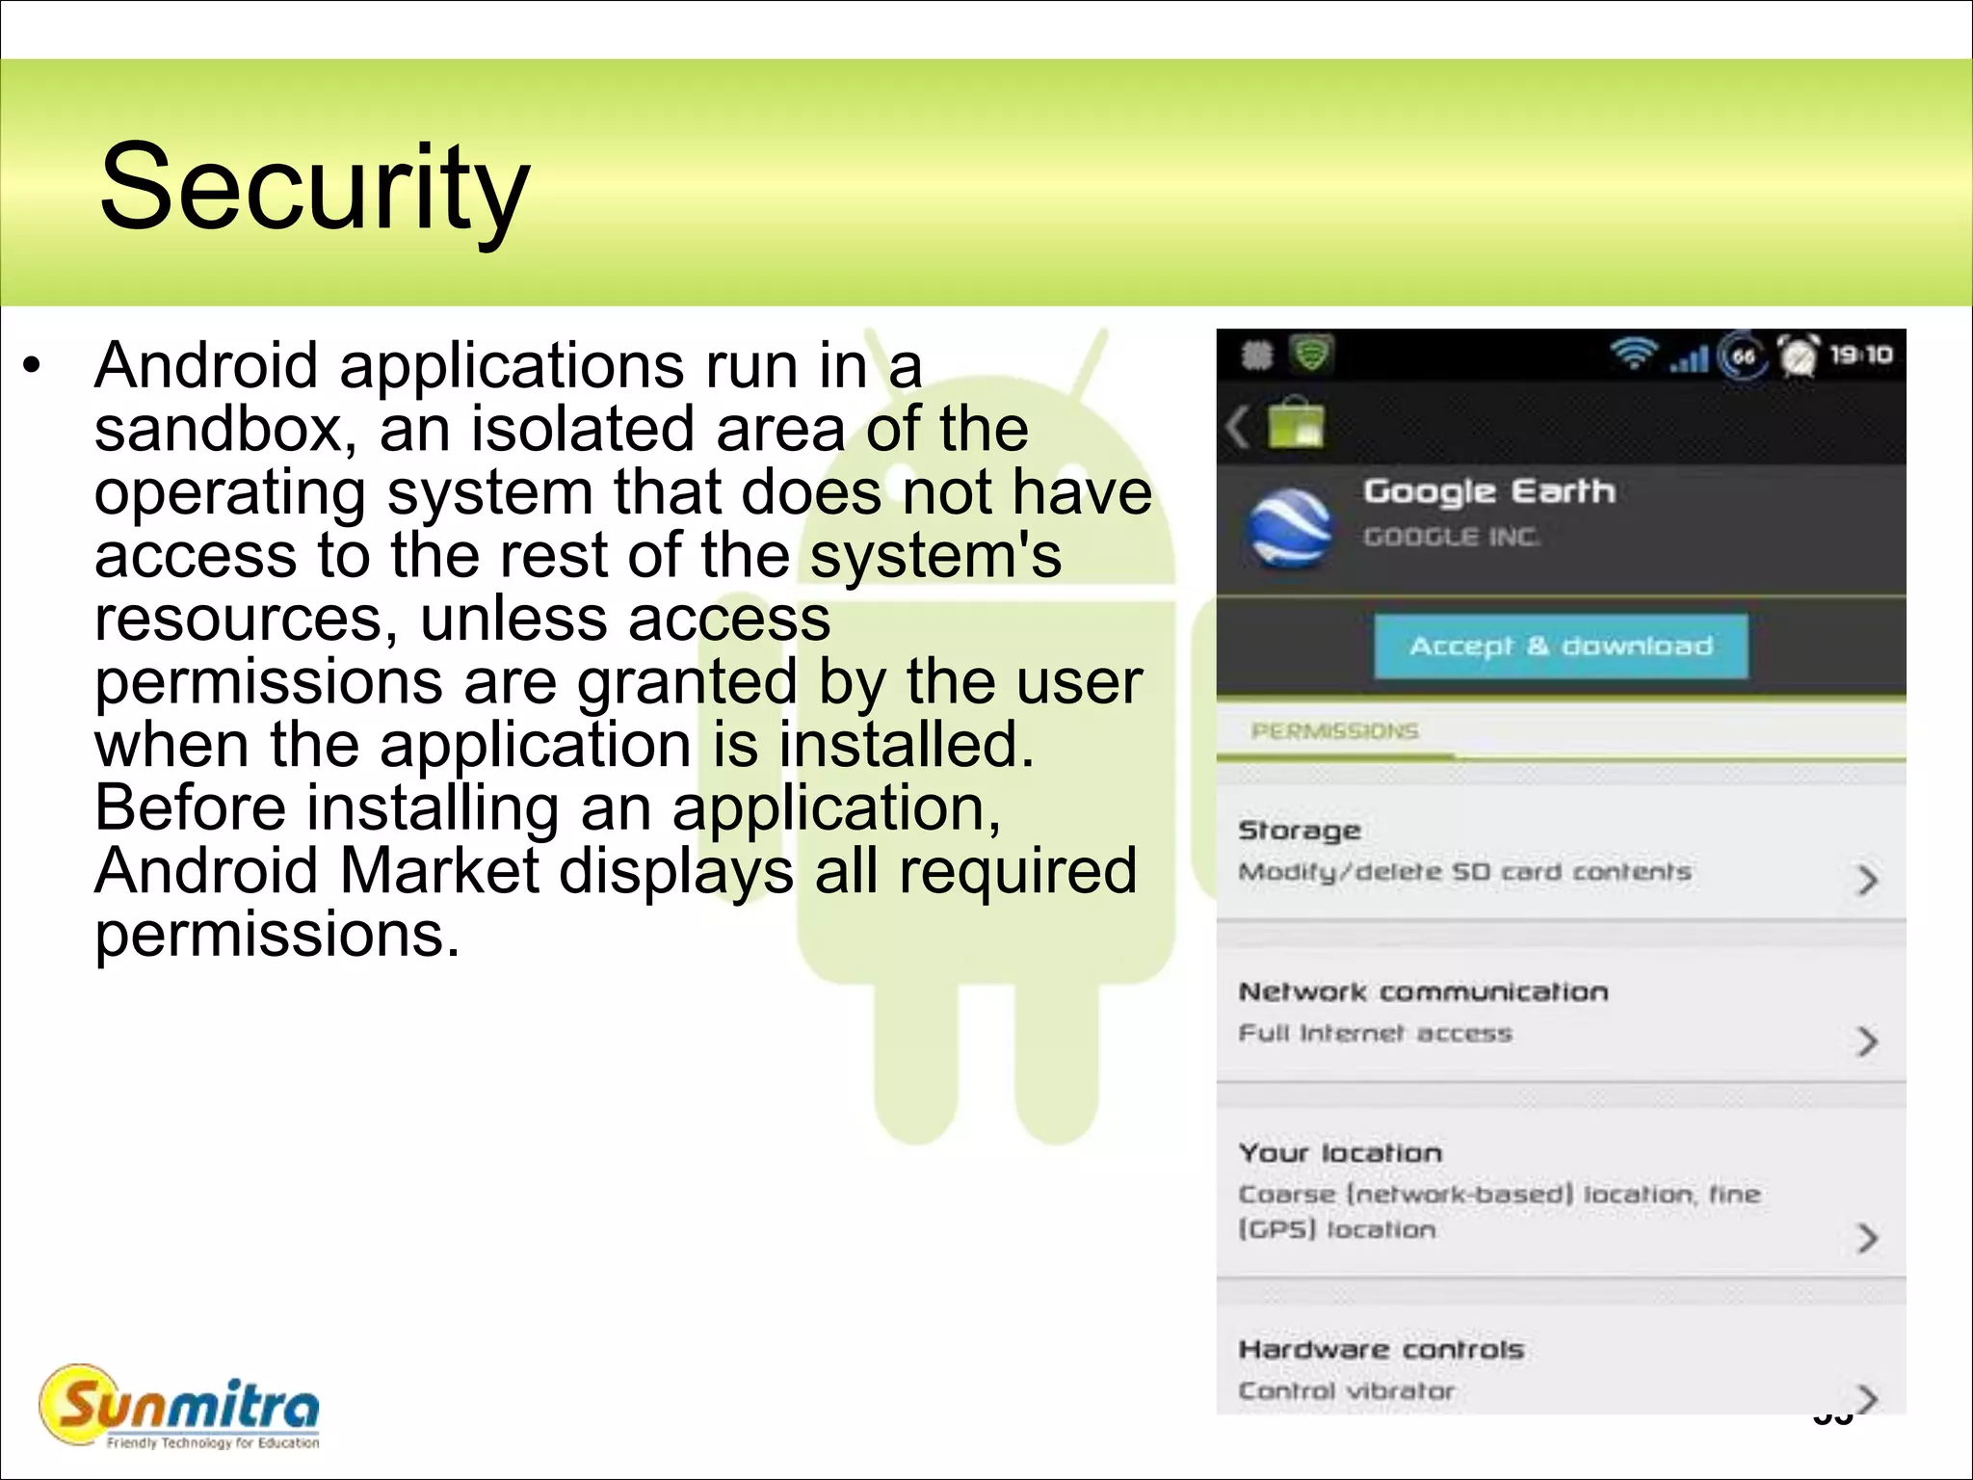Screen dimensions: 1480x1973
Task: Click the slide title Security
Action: point(314,187)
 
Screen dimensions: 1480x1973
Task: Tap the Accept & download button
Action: point(1561,646)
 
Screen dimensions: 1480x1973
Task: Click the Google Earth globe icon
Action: point(1289,528)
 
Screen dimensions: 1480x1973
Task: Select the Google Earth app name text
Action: point(1489,491)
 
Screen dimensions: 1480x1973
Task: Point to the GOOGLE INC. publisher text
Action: point(1451,537)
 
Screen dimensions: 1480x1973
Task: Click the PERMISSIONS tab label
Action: point(1335,731)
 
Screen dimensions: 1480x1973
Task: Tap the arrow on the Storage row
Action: point(1867,879)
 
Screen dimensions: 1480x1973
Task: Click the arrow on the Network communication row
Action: point(1867,1041)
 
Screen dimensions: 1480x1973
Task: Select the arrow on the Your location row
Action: point(1867,1237)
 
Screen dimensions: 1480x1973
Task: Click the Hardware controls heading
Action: point(1381,1349)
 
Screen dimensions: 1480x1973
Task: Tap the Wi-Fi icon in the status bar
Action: point(1634,356)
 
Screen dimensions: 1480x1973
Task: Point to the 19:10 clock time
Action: point(1861,356)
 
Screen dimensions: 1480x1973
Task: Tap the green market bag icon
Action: point(1297,425)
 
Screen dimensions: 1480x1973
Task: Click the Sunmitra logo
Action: point(180,1407)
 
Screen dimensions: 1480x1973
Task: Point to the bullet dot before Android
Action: point(34,366)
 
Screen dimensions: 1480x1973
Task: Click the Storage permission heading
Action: point(1300,830)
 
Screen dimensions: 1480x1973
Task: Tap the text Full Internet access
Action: point(1376,1034)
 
